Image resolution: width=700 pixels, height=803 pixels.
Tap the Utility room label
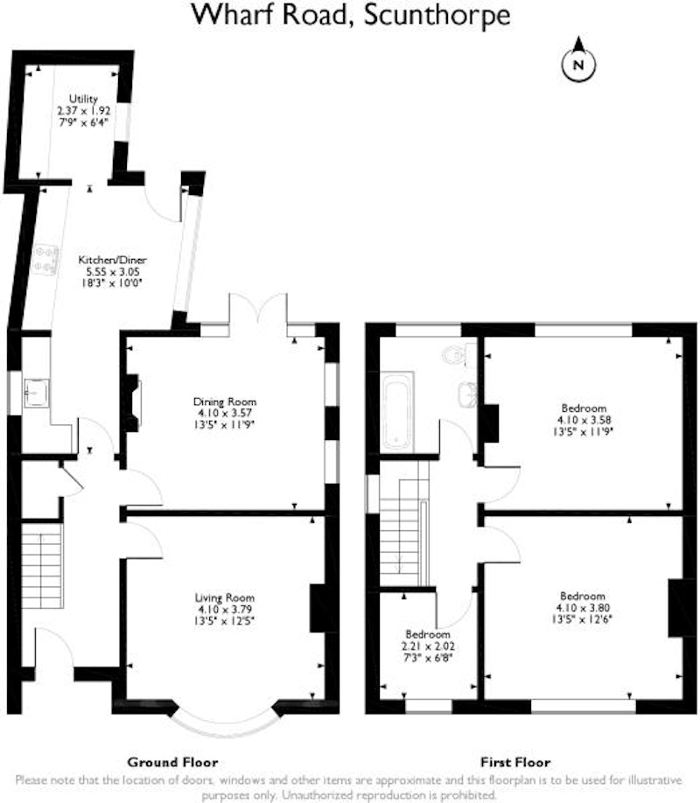click(83, 99)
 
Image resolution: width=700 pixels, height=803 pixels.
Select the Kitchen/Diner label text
click(112, 260)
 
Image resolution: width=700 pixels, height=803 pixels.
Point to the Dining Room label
click(225, 401)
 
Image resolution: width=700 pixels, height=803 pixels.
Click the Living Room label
click(225, 597)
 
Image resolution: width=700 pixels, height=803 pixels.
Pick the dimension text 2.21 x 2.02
click(429, 646)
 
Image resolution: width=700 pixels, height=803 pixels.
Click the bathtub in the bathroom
click(397, 411)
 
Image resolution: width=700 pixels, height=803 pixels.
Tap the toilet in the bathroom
click(459, 354)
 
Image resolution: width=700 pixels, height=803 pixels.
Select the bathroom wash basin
click(467, 395)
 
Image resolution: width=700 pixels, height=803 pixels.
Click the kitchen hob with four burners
click(45, 259)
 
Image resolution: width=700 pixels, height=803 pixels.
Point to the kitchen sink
click(36, 393)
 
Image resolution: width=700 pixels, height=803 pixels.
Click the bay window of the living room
click(226, 723)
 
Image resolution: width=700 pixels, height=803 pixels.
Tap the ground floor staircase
click(42, 564)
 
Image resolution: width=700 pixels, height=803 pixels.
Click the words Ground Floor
click(172, 763)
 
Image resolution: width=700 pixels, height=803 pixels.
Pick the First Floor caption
click(515, 763)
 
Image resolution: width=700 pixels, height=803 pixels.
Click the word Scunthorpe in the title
click(437, 16)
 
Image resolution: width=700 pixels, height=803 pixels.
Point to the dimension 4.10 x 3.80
click(583, 608)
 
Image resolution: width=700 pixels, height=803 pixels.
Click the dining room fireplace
click(132, 403)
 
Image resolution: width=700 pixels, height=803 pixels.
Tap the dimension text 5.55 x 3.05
click(112, 272)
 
